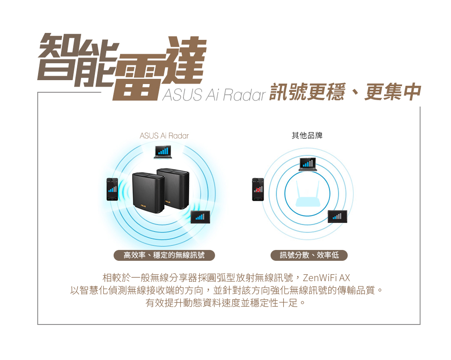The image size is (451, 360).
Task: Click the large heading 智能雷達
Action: (x=122, y=67)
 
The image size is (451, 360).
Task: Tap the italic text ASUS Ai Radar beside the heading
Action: (x=214, y=95)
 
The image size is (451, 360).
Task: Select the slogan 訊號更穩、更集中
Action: (x=345, y=92)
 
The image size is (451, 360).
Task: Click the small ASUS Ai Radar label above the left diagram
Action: (x=164, y=136)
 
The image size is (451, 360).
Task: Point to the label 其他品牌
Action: (x=307, y=135)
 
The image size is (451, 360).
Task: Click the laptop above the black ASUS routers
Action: (x=163, y=152)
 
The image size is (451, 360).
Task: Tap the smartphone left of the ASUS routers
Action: (x=112, y=189)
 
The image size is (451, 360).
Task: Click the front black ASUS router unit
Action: (x=148, y=192)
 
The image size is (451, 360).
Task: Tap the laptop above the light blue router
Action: (x=307, y=164)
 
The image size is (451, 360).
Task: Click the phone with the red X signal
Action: (x=258, y=189)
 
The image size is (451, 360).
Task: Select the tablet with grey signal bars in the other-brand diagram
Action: (x=338, y=216)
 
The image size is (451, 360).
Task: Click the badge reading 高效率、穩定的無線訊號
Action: (x=164, y=255)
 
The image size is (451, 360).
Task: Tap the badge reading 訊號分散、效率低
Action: (x=309, y=255)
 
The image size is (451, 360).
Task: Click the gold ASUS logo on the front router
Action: (x=143, y=206)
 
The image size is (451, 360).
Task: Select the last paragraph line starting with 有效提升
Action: (x=225, y=302)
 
